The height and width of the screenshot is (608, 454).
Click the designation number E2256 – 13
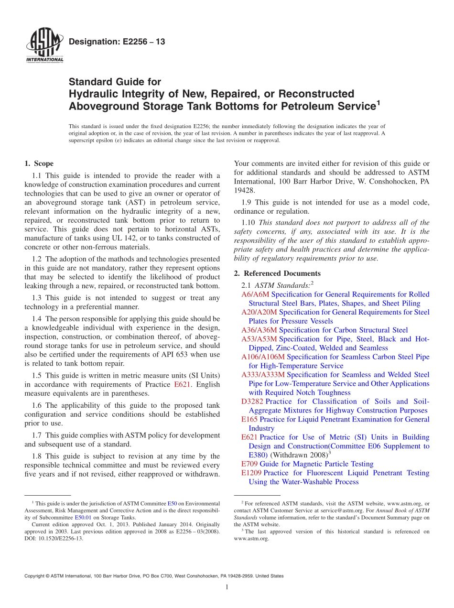point(117,42)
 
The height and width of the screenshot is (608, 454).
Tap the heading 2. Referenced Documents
point(277,273)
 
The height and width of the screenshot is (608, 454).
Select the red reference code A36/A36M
point(259,330)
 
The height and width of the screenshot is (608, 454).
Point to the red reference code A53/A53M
point(259,339)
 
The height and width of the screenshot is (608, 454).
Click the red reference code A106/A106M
point(263,357)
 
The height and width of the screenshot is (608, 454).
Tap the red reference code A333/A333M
point(263,375)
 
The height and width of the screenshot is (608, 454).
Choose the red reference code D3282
point(252,402)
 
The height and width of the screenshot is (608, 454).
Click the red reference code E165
point(249,420)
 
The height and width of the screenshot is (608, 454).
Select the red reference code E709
point(249,464)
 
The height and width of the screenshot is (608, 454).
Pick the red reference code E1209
point(251,473)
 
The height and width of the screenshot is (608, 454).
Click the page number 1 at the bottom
point(227,587)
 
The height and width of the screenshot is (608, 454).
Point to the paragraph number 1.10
point(249,222)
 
